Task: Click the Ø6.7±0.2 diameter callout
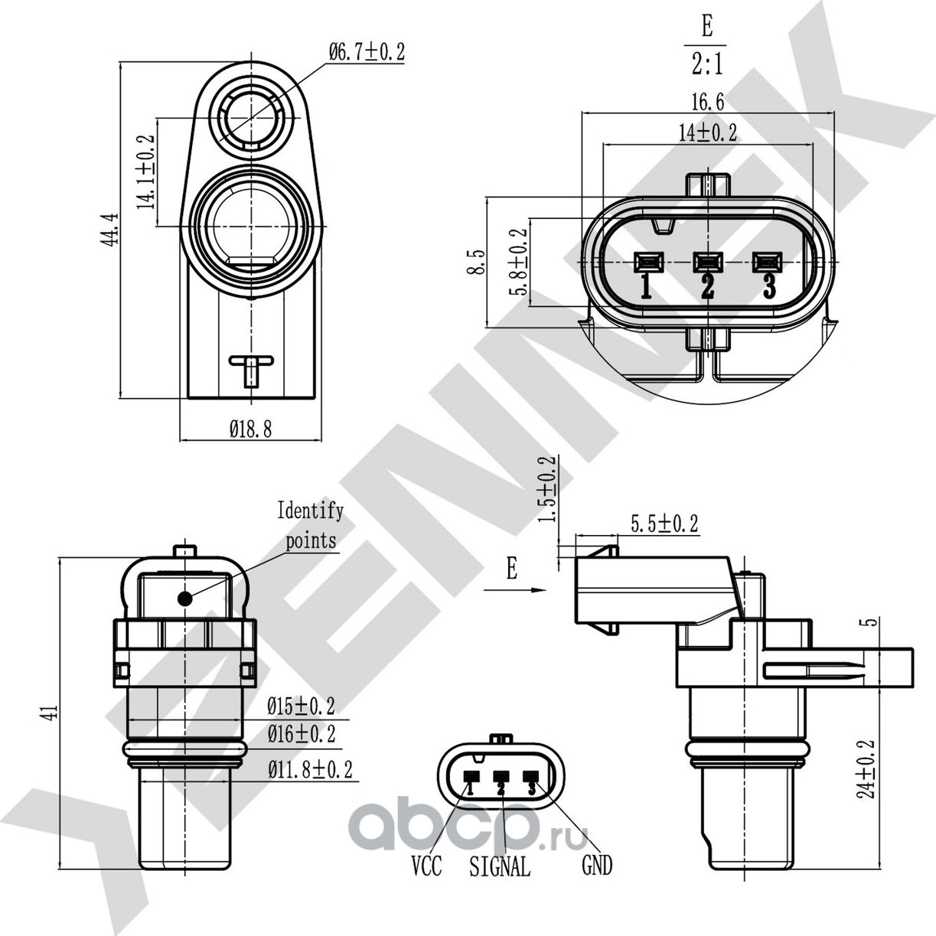pos(367,52)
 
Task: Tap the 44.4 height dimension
pos(109,230)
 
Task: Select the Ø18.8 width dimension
pos(250,429)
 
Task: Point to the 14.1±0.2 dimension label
pos(145,172)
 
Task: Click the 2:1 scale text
pos(707,64)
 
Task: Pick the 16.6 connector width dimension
pos(708,102)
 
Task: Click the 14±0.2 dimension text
pos(708,132)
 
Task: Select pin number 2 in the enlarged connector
pos(708,286)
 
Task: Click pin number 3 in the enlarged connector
pos(769,286)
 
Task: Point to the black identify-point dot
pos(185,599)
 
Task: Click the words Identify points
pos(311,526)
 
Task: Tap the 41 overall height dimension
pos(53,712)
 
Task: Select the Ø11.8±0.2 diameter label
pos(311,770)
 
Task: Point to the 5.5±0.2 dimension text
pos(664,523)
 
